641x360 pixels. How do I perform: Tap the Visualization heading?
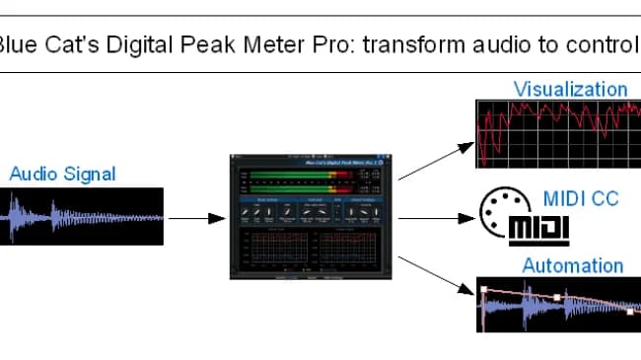[570, 89]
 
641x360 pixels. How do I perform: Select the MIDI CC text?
[581, 198]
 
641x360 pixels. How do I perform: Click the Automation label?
[572, 265]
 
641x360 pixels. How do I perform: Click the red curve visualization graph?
[557, 133]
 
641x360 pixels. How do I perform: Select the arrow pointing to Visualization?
[435, 160]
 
